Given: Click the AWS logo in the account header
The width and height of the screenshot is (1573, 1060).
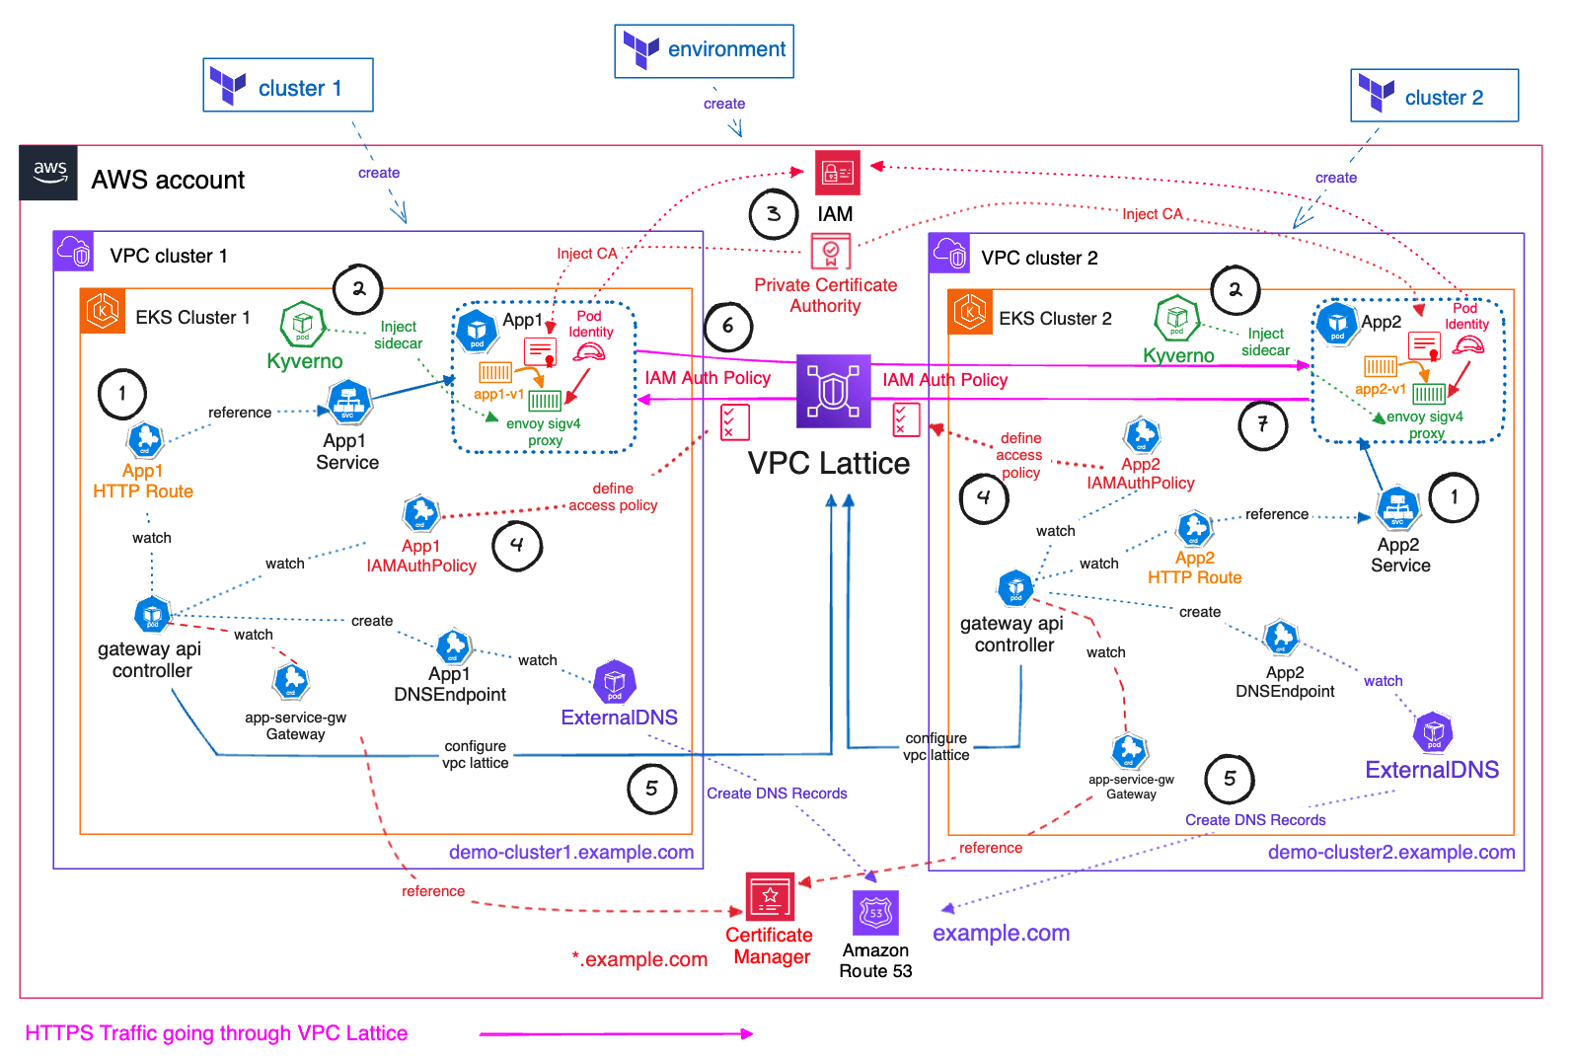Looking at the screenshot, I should pos(49,173).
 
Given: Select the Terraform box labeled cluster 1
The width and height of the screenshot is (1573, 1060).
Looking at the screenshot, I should pos(288,86).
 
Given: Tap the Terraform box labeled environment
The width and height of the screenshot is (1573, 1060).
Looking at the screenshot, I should pos(704,51).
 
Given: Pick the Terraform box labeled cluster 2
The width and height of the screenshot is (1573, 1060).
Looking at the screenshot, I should pos(1434,96).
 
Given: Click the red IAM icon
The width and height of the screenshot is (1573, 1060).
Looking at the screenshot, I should pos(837,173).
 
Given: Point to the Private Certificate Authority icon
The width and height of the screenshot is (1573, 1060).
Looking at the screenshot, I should pos(831,251).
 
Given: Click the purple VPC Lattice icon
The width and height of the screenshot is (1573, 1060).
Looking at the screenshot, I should pos(834,391).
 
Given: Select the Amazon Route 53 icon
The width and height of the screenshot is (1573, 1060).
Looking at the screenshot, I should pos(875,913).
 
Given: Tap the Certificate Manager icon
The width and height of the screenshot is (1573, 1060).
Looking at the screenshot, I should pos(770,896).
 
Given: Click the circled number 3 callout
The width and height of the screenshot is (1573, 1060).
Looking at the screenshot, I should pos(774,213).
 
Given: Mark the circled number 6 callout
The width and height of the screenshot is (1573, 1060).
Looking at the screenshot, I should pos(728,326).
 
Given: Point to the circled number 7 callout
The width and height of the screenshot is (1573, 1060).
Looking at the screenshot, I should pos(1263,425).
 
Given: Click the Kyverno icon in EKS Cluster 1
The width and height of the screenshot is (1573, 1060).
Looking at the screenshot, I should pos(303,324).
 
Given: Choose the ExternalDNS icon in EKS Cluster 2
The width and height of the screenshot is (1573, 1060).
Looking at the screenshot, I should pos(1433,731).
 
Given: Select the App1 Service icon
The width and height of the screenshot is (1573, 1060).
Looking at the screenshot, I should pos(348,403).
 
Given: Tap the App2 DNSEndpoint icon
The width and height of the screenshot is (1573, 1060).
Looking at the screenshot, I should pos(1281,637).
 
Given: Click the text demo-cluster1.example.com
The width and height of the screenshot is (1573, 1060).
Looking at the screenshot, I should pos(571,853).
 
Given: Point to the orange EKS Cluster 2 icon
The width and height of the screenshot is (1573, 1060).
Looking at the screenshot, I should pos(970,313).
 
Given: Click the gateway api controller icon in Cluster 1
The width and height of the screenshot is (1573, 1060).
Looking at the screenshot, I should pos(152,614).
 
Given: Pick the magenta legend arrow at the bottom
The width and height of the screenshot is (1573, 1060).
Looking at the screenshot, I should pos(616,1033).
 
